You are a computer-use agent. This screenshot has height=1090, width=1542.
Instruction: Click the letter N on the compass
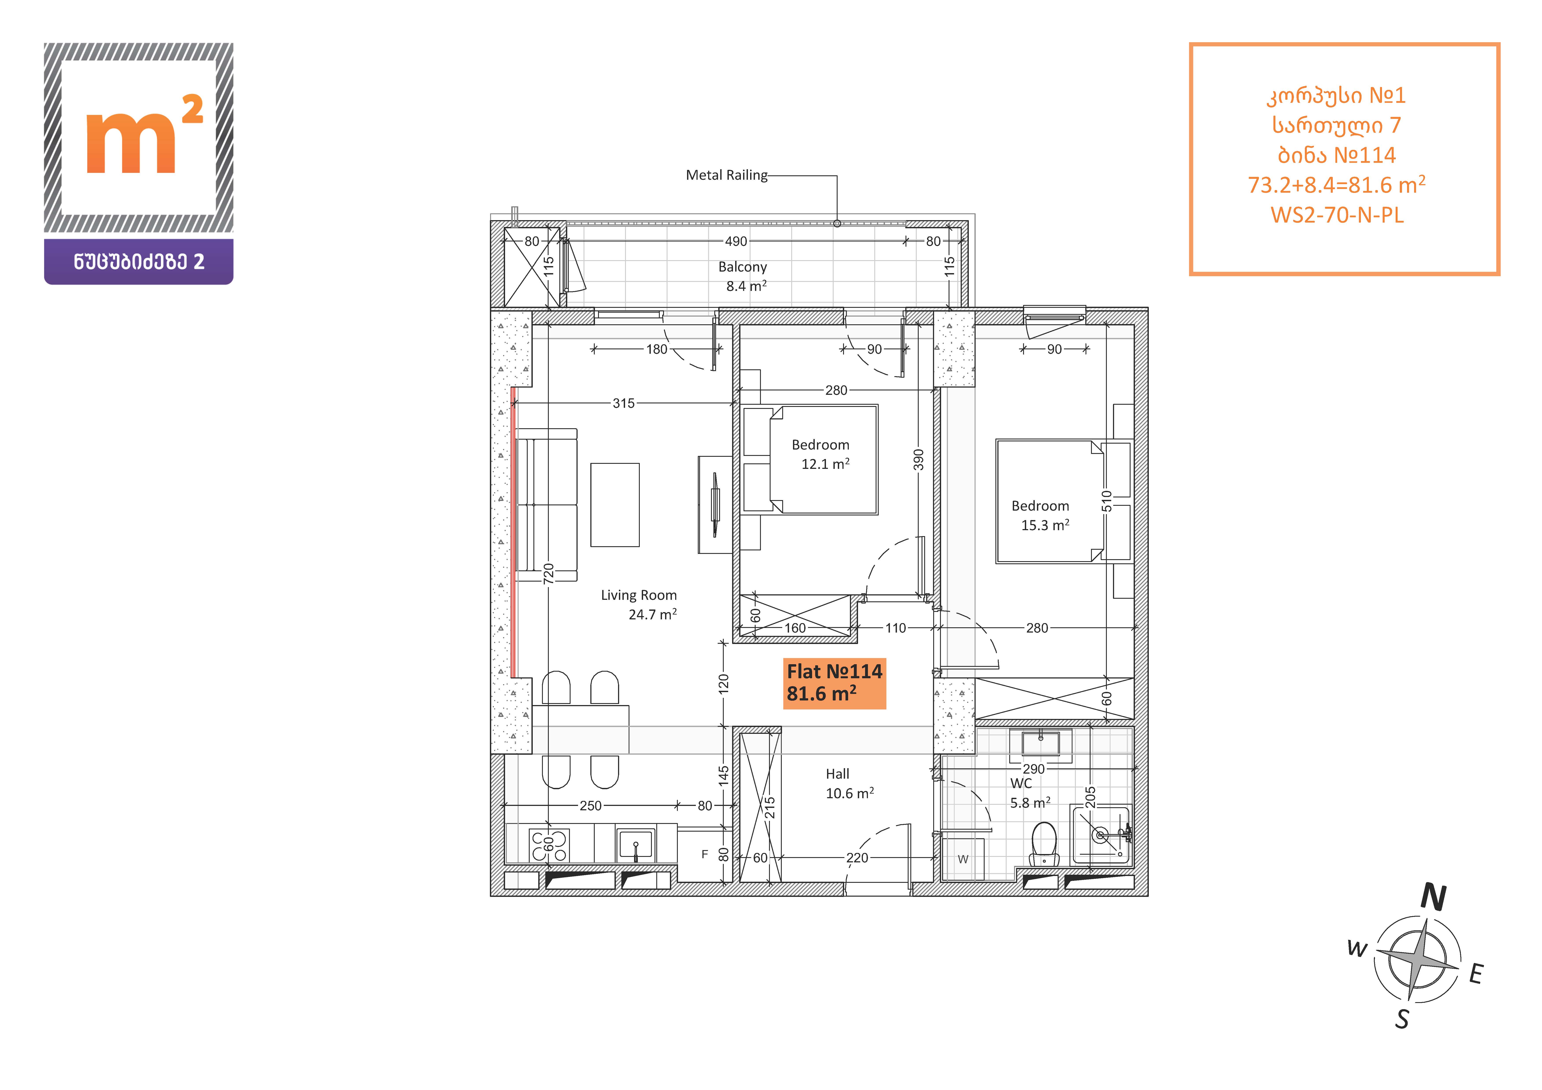(1433, 897)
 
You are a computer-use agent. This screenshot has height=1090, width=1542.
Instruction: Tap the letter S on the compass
(1402, 1019)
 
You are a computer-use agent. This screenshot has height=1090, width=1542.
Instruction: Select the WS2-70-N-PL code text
(1337, 215)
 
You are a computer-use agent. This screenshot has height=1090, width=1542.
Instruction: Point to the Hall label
(838, 774)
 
